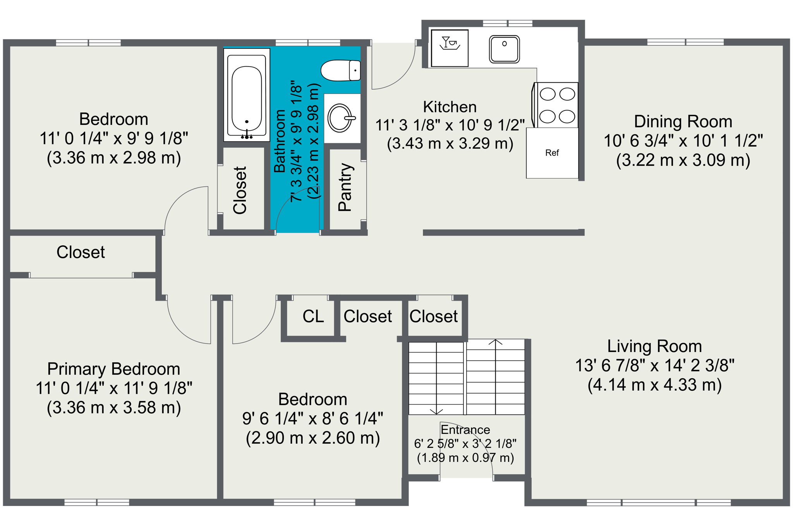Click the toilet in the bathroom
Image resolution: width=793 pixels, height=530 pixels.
(x=340, y=70)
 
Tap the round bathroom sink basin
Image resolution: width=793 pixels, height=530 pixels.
(x=340, y=118)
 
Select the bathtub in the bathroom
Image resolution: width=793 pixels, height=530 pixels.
(x=247, y=95)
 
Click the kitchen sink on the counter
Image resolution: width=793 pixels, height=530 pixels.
(x=504, y=49)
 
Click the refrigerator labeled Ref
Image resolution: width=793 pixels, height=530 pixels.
(x=552, y=153)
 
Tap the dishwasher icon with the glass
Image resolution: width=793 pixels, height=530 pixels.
(x=450, y=48)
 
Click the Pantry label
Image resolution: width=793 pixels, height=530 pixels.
(x=345, y=187)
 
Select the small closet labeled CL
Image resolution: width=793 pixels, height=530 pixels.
(x=313, y=316)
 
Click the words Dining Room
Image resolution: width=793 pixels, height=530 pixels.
(x=683, y=121)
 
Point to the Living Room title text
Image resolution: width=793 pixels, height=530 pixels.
(x=654, y=346)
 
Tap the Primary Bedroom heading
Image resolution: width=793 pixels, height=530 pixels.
(x=113, y=369)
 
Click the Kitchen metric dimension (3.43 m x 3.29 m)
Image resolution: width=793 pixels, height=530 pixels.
(x=450, y=144)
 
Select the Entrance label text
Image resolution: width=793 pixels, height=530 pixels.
(x=465, y=430)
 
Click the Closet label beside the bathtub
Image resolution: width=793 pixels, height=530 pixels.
(x=240, y=190)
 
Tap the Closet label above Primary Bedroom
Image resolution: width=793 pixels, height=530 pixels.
(x=81, y=252)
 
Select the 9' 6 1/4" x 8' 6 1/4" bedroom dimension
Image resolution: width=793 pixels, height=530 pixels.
(x=312, y=419)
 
